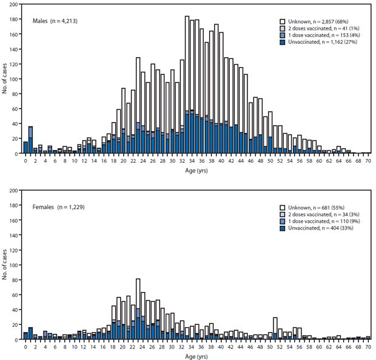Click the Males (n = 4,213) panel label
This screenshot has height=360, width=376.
pos(55,21)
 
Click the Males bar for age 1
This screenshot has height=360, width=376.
pos(30,140)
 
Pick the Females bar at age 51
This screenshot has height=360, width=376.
pos(275,328)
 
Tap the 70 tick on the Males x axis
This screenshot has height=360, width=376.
pos(369,161)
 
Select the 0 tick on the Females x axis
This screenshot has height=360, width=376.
pos(25,347)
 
